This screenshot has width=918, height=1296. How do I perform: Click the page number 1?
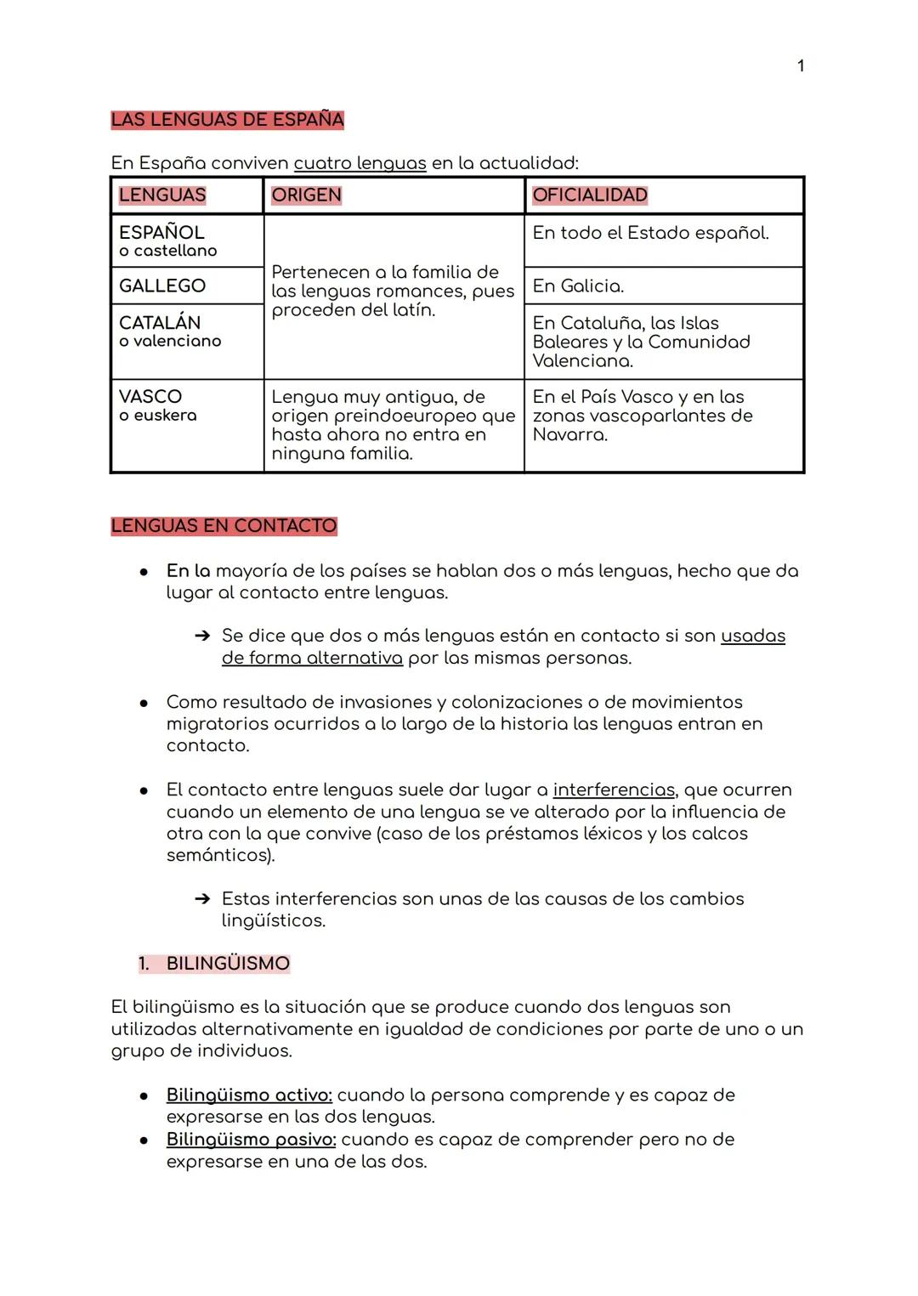(801, 66)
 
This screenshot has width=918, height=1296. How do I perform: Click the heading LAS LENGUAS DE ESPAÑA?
(227, 120)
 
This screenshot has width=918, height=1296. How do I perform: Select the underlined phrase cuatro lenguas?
(360, 163)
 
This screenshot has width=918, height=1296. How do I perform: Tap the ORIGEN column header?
(306, 195)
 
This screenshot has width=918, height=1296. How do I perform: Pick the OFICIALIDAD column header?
(590, 195)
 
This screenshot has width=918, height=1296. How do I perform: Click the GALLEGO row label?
(162, 286)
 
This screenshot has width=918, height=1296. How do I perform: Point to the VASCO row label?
(150, 397)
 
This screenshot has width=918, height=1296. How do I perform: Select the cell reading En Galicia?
(578, 286)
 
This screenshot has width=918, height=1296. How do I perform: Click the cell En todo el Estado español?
(650, 233)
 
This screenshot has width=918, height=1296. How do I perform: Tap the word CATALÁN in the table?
(160, 323)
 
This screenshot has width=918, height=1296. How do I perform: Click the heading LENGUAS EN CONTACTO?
(224, 526)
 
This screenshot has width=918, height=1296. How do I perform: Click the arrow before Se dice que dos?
(201, 637)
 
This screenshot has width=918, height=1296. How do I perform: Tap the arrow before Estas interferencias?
(201, 899)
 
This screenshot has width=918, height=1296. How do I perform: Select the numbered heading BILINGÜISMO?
(228, 964)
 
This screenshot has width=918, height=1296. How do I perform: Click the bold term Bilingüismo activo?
(249, 1095)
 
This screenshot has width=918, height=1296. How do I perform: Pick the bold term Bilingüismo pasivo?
(251, 1140)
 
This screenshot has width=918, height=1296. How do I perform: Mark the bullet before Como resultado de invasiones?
(144, 703)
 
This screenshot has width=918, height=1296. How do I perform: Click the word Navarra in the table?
(569, 435)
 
